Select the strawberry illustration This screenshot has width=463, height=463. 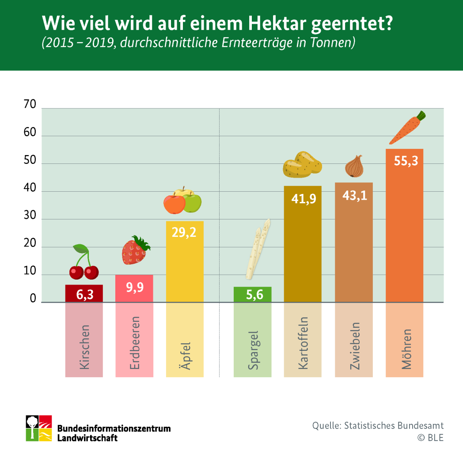(x=135, y=251)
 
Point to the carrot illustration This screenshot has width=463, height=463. (x=407, y=128)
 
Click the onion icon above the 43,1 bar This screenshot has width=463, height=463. (x=354, y=166)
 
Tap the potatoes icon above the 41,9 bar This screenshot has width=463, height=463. (x=302, y=165)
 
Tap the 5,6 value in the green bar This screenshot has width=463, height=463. (x=252, y=295)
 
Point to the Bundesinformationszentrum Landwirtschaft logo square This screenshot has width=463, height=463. (x=39, y=428)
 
